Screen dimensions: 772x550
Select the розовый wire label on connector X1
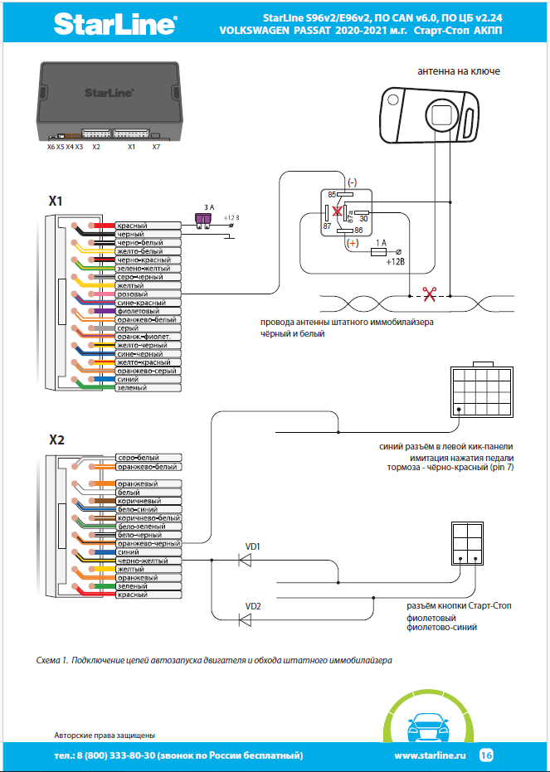[133, 294]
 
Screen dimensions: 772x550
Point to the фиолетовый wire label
[137, 311]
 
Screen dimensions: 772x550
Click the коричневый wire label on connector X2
[139, 501]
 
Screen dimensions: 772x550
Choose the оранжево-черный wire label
[148, 544]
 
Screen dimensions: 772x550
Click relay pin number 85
[333, 194]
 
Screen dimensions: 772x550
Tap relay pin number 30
[363, 218]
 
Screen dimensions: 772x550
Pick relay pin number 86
[359, 231]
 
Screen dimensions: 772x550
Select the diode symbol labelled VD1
[246, 561]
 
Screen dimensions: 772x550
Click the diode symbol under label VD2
[246, 619]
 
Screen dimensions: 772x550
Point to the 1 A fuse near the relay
[380, 251]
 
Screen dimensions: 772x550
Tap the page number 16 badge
[486, 755]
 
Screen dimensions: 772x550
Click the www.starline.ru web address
[430, 755]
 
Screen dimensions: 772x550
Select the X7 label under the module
[156, 147]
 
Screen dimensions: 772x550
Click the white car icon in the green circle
[427, 730]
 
